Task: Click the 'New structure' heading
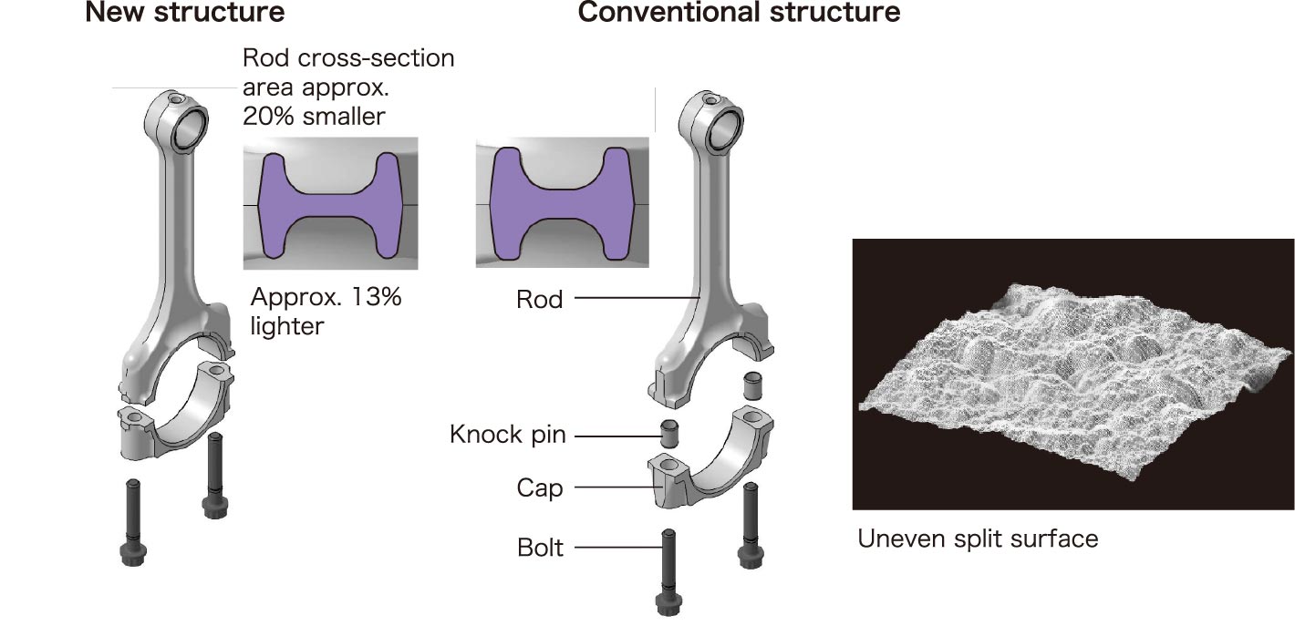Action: (x=184, y=13)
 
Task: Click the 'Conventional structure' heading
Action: (x=739, y=13)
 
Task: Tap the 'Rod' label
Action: (x=539, y=299)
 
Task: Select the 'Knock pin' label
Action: (x=507, y=435)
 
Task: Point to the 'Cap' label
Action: (x=540, y=488)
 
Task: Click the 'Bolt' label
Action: (x=540, y=548)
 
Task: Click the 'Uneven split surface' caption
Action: (x=978, y=539)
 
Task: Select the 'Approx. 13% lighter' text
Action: (x=326, y=312)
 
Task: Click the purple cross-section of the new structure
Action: (x=330, y=206)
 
